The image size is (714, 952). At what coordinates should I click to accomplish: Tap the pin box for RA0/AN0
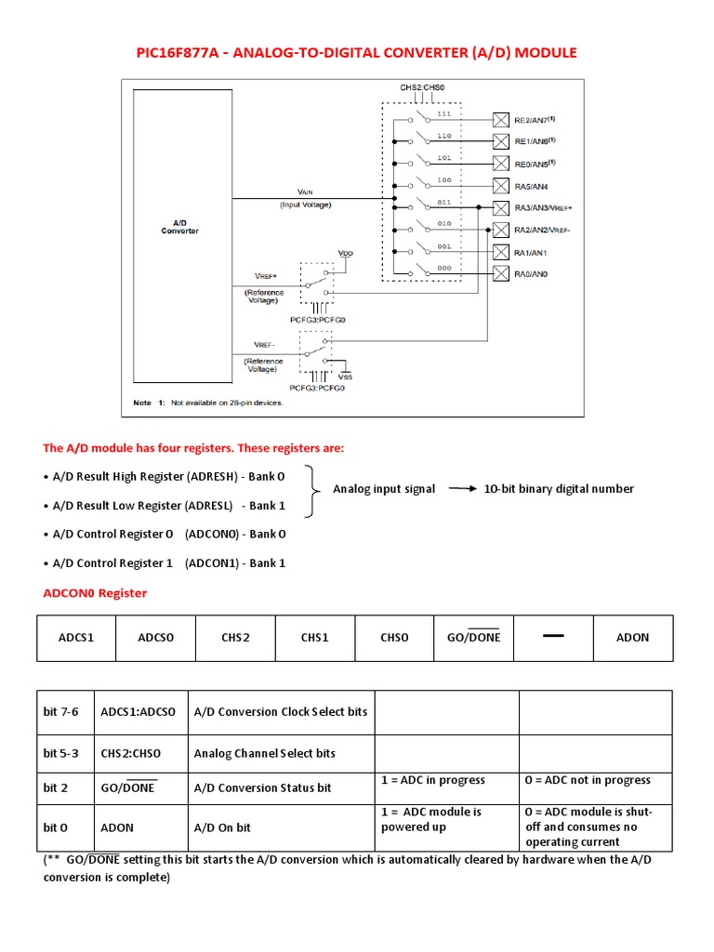pos(500,273)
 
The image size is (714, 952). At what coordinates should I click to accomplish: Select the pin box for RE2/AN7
pos(500,120)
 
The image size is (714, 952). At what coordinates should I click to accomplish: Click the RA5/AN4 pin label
pos(533,186)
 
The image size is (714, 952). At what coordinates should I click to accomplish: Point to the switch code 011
pos(443,201)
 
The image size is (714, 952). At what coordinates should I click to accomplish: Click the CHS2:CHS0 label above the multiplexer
pos(422,88)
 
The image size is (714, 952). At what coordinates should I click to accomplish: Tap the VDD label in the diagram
pos(346,253)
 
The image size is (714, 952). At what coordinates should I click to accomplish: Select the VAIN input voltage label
pos(305,192)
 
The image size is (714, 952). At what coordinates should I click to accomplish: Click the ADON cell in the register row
pos(632,638)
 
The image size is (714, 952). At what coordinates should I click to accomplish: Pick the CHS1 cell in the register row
pos(314,638)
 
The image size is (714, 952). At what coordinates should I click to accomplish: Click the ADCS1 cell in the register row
pos(76,638)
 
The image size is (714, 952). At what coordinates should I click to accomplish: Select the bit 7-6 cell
pos(61,712)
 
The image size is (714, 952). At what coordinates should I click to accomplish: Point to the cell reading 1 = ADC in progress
pos(433,780)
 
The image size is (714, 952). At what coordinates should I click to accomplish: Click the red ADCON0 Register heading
pos(95,593)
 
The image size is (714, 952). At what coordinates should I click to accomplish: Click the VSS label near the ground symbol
pos(346,377)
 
